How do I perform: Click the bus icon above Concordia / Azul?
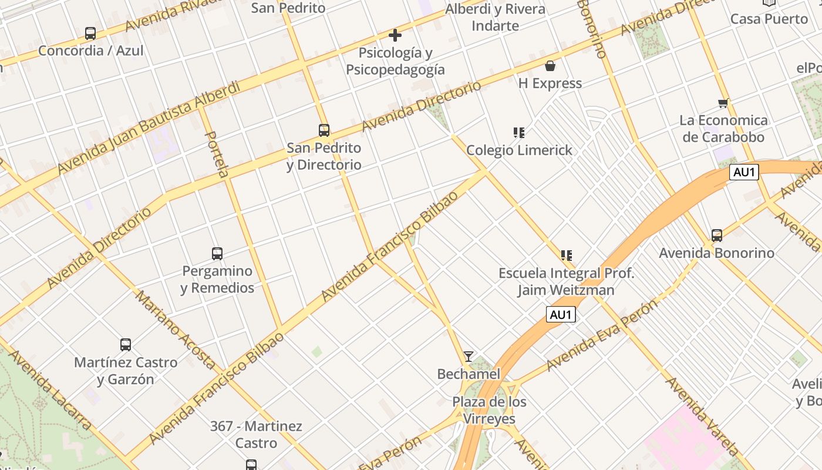90,33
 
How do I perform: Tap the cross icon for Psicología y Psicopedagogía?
395,35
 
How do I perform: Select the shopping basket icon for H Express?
550,66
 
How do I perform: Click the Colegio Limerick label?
519,150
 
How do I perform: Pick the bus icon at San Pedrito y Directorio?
324,130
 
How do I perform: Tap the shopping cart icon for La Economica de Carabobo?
723,103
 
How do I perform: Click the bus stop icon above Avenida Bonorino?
716,236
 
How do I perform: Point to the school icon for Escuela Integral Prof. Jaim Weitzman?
566,256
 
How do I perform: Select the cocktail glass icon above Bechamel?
468,357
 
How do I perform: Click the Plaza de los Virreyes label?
489,410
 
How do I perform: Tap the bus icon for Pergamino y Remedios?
217,254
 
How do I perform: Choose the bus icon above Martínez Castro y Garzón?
126,345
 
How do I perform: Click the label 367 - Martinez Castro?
256,434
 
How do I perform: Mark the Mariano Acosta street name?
176,329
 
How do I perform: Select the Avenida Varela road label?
702,417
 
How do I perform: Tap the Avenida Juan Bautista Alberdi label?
149,128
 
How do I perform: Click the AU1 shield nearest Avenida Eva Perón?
561,315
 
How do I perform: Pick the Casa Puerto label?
769,19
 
